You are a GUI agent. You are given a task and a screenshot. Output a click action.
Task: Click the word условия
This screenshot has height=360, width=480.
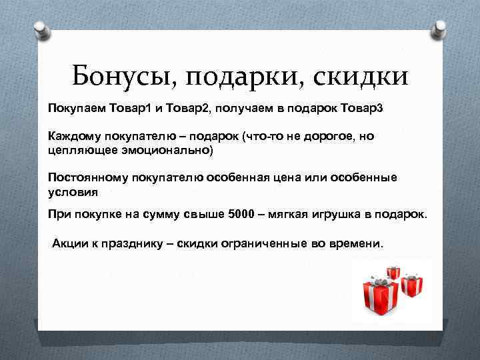click(73, 192)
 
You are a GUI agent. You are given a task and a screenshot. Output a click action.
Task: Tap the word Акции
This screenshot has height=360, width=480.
click(69, 244)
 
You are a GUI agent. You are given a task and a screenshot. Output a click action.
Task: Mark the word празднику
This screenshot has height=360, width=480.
click(137, 244)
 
